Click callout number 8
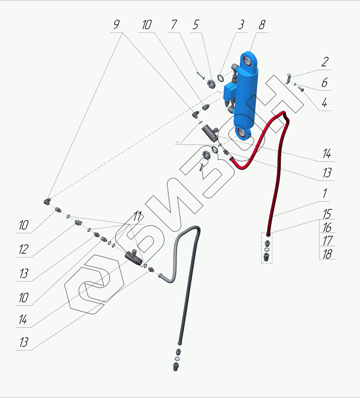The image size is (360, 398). tap(262, 25)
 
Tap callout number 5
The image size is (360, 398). tap(195, 25)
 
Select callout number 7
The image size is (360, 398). tap(174, 25)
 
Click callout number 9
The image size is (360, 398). tap(116, 25)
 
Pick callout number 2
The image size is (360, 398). tap(324, 62)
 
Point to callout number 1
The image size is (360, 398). tap(324, 193)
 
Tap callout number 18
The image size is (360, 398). tap(327, 254)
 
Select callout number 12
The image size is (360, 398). tap(23, 249)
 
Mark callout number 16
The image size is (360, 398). tap(327, 227)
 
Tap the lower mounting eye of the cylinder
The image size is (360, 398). tap(243, 132)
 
